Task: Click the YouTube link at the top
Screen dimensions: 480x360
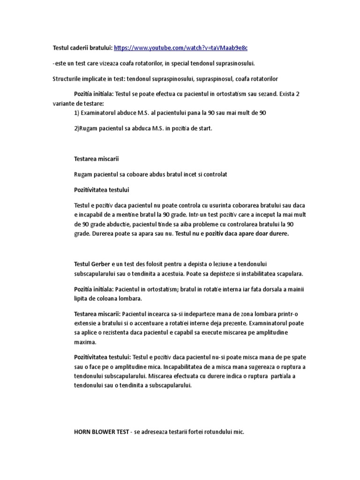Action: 181,48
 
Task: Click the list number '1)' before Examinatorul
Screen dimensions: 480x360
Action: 77,113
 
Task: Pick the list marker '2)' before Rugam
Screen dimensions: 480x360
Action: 77,128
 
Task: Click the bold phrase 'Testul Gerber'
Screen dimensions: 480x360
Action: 91,264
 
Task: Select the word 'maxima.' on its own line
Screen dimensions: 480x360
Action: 85,342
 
